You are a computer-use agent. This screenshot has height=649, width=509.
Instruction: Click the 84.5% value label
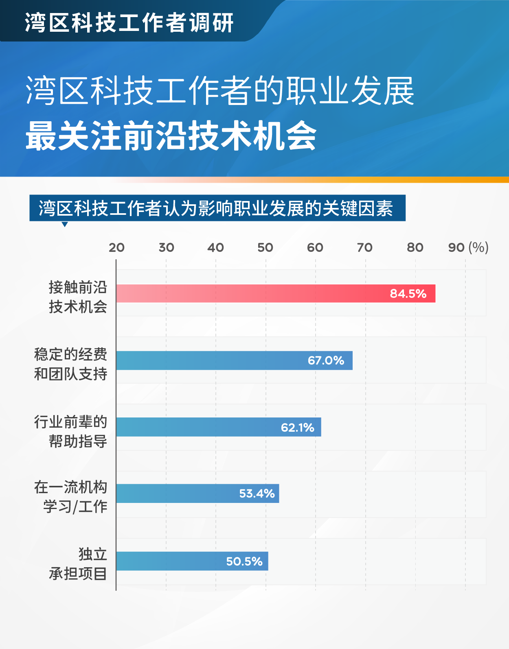pyautogui.click(x=408, y=293)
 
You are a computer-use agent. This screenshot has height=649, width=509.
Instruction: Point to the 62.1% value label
pyautogui.click(x=298, y=428)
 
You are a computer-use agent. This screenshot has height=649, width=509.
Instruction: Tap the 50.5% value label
pyautogui.click(x=244, y=562)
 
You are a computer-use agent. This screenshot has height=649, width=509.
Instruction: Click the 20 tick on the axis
pyautogui.click(x=116, y=247)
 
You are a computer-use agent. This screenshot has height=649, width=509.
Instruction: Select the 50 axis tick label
pyautogui.click(x=265, y=247)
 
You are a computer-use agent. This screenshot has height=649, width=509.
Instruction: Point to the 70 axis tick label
pyautogui.click(x=365, y=247)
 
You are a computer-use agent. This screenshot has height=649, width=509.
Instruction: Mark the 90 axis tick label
pyautogui.click(x=456, y=247)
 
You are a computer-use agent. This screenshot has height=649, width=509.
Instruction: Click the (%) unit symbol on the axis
pyautogui.click(x=478, y=247)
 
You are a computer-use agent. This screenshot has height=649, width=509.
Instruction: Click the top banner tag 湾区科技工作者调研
pyautogui.click(x=129, y=22)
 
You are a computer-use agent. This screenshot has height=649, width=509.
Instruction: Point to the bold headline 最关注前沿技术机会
pyautogui.click(x=171, y=136)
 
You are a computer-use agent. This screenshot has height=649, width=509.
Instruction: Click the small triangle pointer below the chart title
pyautogui.click(x=64, y=224)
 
